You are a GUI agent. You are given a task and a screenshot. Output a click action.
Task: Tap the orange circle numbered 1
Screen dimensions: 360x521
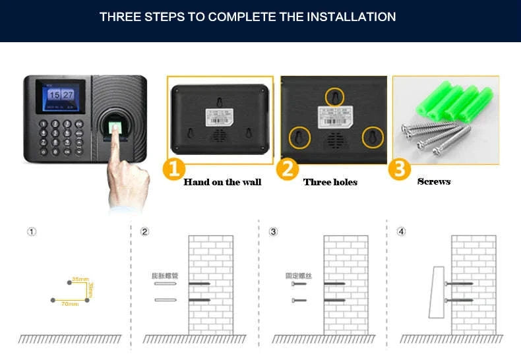pyautogui.click(x=173, y=169)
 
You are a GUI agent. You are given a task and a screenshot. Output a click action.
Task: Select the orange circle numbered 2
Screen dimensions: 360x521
pyautogui.click(x=287, y=169)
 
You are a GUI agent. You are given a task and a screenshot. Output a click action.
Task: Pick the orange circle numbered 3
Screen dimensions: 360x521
pyautogui.click(x=399, y=169)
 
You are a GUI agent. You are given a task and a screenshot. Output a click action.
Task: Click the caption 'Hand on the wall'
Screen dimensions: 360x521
pyautogui.click(x=222, y=182)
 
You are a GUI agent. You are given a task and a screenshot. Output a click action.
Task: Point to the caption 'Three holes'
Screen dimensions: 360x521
pyautogui.click(x=330, y=182)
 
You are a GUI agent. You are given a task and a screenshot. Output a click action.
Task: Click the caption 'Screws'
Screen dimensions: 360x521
pyautogui.click(x=434, y=181)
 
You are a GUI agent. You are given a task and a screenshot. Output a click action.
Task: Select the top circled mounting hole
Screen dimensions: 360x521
pyautogui.click(x=335, y=97)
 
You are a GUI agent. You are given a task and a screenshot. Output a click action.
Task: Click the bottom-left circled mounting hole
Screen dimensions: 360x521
pyautogui.click(x=300, y=137)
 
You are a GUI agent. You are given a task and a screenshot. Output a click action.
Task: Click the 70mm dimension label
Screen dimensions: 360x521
pyautogui.click(x=69, y=304)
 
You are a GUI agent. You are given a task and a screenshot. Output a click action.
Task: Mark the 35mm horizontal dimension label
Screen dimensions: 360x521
pyautogui.click(x=80, y=280)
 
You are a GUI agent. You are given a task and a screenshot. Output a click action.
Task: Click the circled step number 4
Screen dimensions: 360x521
pyautogui.click(x=401, y=231)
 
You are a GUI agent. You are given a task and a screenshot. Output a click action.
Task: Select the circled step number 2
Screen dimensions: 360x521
pyautogui.click(x=145, y=231)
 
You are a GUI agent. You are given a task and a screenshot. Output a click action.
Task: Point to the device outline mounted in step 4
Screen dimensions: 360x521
pyautogui.click(x=437, y=291)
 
